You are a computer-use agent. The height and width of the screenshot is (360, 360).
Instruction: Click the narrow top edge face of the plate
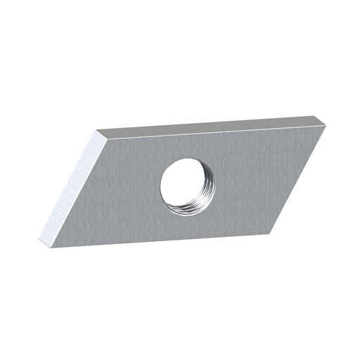click(x=211, y=127)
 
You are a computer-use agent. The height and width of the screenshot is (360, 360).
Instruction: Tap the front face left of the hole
click(x=120, y=190)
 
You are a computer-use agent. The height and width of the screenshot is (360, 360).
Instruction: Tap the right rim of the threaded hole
click(x=209, y=186)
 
